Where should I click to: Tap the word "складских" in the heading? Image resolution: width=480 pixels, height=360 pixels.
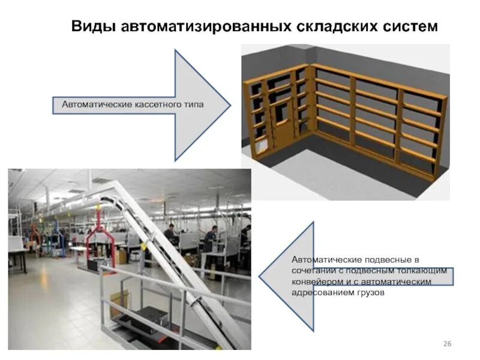337,27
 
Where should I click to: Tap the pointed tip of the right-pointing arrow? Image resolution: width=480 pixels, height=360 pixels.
230,106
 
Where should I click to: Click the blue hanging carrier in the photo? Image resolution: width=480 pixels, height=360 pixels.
57,231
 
